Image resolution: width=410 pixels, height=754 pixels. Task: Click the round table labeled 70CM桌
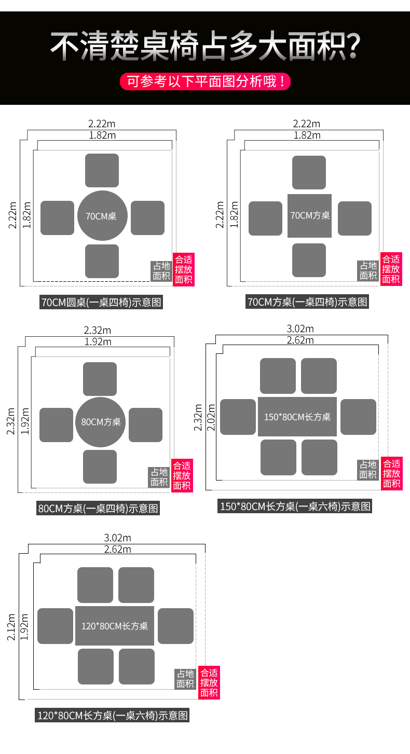[102, 216]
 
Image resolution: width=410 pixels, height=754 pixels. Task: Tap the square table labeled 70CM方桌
[309, 216]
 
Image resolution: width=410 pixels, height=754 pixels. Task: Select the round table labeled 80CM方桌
[100, 422]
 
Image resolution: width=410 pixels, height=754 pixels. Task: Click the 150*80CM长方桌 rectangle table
[297, 417]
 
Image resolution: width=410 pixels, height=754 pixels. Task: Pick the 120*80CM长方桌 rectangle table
[114, 626]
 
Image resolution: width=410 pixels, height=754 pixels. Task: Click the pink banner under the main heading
[205, 81]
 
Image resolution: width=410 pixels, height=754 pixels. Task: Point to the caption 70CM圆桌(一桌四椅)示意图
[101, 302]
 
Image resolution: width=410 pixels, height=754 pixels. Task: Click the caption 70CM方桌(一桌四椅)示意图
[307, 302]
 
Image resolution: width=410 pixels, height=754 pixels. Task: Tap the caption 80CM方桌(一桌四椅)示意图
[98, 508]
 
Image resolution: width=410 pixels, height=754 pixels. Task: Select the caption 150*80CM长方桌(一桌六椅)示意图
[295, 506]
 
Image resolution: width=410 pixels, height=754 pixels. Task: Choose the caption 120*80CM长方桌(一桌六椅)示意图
[113, 716]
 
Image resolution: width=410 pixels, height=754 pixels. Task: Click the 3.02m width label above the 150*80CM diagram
[300, 329]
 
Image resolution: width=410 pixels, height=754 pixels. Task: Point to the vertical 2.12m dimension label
[11, 627]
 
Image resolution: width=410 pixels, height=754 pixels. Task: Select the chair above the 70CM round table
[102, 171]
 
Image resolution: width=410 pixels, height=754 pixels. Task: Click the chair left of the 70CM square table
[265, 218]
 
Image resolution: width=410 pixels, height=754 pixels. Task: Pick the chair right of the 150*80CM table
[358, 417]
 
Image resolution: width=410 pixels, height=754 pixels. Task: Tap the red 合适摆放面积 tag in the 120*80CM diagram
[209, 682]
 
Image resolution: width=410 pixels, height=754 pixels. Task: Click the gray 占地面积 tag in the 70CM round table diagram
[161, 271]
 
